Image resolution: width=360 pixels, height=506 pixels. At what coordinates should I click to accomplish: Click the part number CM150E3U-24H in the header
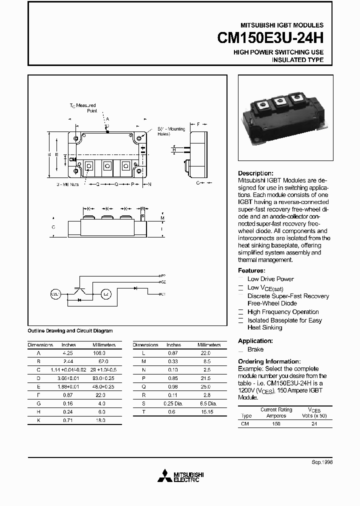point(270,38)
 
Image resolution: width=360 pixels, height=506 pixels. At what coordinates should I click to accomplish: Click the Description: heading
point(255,173)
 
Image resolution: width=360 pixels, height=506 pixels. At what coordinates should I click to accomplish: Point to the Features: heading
point(253,270)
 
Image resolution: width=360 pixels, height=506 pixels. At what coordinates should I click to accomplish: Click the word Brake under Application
point(255,349)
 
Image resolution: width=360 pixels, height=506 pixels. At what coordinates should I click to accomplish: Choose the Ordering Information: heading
point(269,361)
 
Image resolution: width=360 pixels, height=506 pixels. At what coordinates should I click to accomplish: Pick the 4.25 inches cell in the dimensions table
point(68,352)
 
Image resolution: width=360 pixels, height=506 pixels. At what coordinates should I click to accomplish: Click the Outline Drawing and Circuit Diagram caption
point(70,330)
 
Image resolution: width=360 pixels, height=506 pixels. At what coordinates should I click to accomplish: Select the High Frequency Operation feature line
point(283,312)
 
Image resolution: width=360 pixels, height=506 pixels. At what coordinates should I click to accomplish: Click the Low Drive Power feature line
point(270,279)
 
